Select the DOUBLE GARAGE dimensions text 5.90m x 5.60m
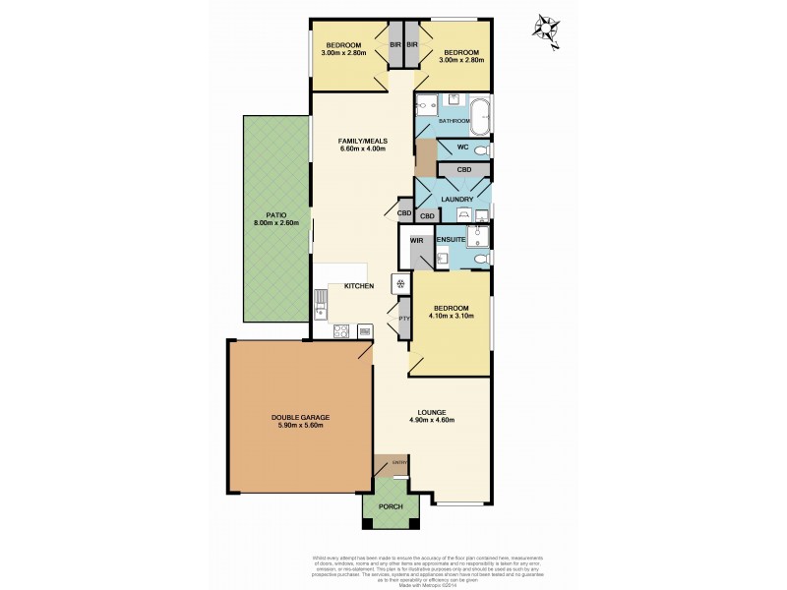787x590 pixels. pyautogui.click(x=299, y=426)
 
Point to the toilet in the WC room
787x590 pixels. pyautogui.click(x=478, y=149)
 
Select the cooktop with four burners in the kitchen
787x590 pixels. pyautogui.click(x=341, y=331)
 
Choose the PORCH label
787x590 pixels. pyautogui.click(x=392, y=506)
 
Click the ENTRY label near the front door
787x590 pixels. pyautogui.click(x=399, y=461)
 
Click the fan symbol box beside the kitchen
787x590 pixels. pyautogui.click(x=399, y=284)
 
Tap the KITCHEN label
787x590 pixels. pyautogui.click(x=358, y=285)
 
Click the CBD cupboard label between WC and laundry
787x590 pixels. pyautogui.click(x=464, y=170)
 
